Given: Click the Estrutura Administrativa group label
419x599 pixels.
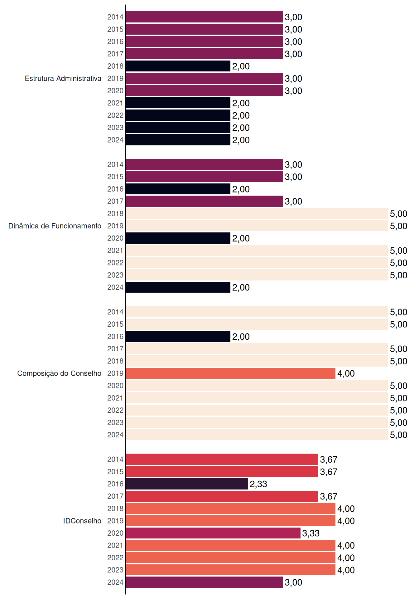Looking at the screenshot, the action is (x=63, y=78).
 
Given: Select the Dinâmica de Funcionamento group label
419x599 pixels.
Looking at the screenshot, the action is (x=55, y=226).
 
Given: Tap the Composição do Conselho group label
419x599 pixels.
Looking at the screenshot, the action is (x=59, y=373).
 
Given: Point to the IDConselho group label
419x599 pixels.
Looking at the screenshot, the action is (x=82, y=521).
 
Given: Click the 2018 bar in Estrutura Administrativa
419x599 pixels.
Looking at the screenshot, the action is (x=178, y=66).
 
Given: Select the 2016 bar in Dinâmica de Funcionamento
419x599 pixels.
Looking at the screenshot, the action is (x=178, y=189).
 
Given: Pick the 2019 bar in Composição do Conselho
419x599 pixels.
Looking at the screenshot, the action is (x=231, y=373).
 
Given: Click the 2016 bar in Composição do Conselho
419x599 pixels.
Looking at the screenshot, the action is (x=178, y=337).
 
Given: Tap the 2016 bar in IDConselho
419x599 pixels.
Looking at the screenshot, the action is (x=187, y=484).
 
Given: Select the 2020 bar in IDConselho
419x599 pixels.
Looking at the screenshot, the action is (x=213, y=533).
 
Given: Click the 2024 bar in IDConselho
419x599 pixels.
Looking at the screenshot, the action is (x=204, y=582).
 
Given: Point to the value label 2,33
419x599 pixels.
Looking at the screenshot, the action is (x=258, y=484).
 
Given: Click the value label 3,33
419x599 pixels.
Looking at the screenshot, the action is (x=311, y=533).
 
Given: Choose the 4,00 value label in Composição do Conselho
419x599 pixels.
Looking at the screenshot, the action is (x=346, y=374).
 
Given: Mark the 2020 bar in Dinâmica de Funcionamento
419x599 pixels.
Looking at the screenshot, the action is (x=178, y=238).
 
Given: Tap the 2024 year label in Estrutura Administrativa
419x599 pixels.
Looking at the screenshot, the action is (x=115, y=140).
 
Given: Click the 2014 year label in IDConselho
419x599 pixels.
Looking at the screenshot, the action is (x=115, y=459).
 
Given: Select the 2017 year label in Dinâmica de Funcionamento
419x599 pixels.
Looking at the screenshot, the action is (x=115, y=201).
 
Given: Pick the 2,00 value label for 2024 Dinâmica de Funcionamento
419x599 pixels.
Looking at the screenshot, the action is (x=241, y=288).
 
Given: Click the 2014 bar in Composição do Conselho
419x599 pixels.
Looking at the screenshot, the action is (x=257, y=312).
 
